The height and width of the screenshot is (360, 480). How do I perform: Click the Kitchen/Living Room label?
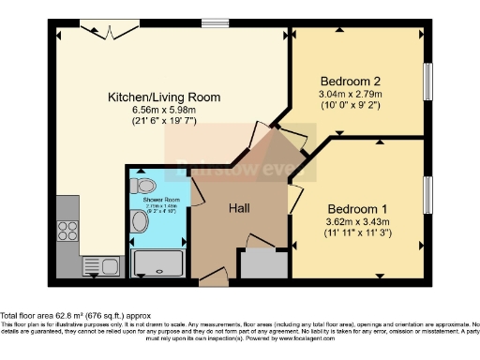click(x=164, y=97)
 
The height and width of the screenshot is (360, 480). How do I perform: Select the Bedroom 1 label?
click(x=356, y=207)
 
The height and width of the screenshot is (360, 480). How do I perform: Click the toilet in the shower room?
click(x=144, y=184)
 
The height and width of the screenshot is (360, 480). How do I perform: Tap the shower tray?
click(x=160, y=262)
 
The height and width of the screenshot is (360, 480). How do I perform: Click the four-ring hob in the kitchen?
click(x=68, y=232)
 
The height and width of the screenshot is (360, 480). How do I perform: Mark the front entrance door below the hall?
click(x=213, y=277)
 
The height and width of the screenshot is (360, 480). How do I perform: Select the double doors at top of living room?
click(x=100, y=29)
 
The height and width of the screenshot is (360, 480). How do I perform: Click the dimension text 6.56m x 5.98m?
click(x=164, y=110)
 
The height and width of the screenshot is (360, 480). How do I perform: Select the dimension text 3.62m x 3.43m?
click(x=356, y=220)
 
